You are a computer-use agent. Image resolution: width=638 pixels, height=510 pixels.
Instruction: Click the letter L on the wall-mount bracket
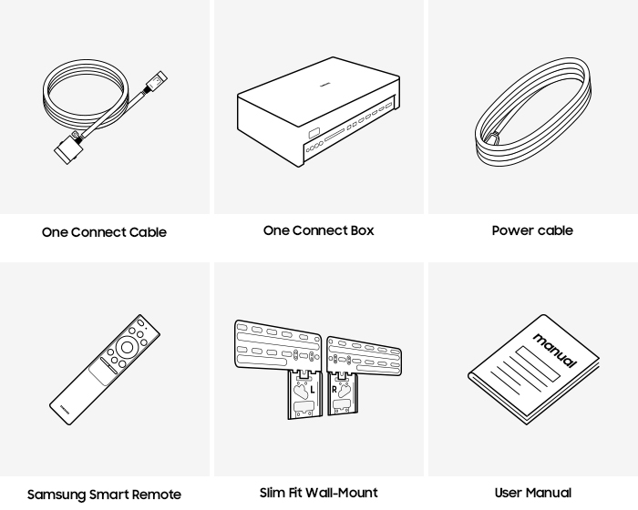[x=312, y=389]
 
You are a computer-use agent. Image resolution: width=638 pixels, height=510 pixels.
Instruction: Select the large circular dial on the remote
[x=126, y=346]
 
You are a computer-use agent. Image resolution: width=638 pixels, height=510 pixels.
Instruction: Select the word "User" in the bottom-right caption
[x=509, y=493]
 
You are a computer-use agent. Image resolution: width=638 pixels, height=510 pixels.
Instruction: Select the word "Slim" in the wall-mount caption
[x=273, y=493]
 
